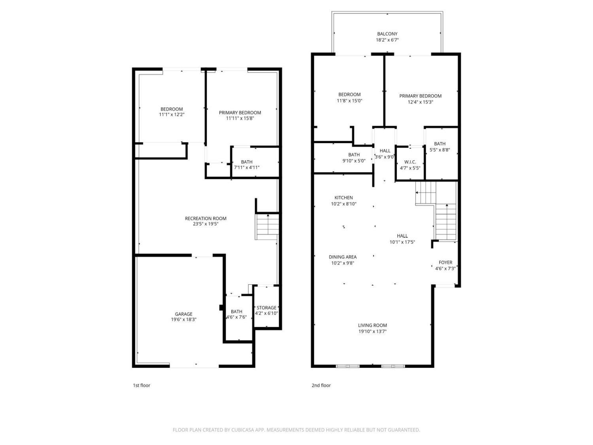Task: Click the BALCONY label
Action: (387, 34)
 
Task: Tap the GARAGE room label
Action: (183, 314)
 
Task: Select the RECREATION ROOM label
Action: (206, 218)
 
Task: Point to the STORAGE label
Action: (266, 308)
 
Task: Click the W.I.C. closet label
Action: (410, 162)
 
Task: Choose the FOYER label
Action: (445, 262)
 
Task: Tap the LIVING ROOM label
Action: (372, 326)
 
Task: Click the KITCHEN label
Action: (344, 198)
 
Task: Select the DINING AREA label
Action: (343, 257)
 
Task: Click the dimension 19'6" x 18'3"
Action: (183, 320)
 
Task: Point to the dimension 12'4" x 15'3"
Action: (420, 102)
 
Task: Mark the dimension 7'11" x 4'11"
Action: (247, 168)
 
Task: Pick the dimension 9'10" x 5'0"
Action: (354, 161)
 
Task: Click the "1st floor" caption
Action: (142, 385)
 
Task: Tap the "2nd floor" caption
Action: (321, 385)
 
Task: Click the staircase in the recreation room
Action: (268, 226)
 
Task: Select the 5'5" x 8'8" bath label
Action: (440, 144)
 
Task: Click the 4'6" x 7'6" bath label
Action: (236, 312)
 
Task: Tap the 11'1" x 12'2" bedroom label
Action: (172, 109)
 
